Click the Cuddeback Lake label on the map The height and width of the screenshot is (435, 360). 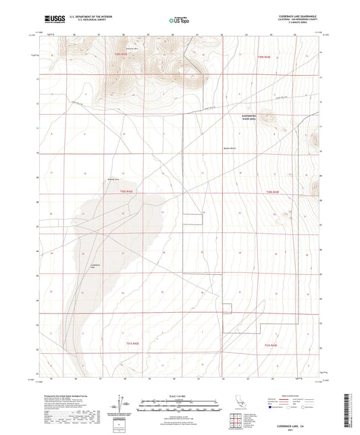95,267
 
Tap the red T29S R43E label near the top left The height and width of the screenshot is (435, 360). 120,56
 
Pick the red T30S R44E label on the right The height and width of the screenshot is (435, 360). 272,194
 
